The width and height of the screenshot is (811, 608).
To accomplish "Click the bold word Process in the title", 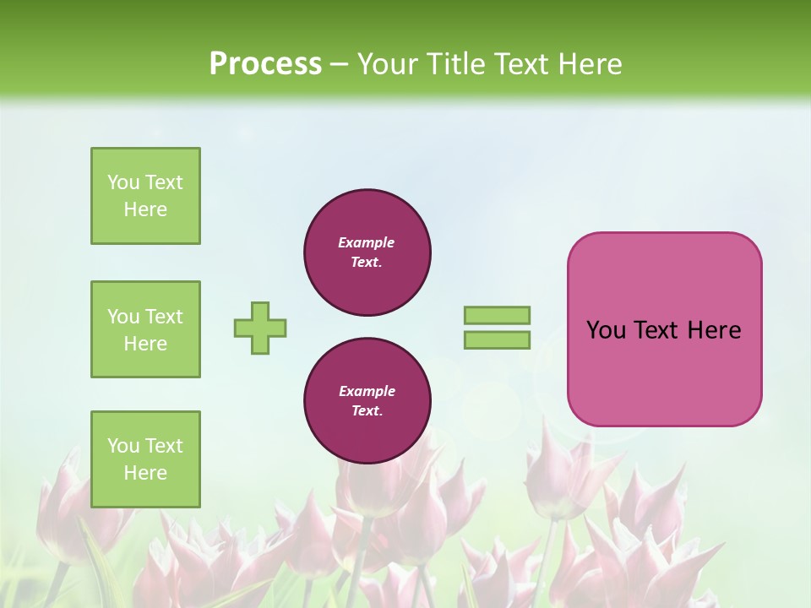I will [265, 64].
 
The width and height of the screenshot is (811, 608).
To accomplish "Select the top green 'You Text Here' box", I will [145, 196].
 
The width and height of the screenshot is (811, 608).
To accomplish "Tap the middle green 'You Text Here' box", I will [145, 329].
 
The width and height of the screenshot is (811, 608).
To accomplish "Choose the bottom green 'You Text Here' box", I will [145, 459].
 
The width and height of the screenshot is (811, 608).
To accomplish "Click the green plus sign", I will [260, 328].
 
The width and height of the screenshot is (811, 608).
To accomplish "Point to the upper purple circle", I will [367, 252].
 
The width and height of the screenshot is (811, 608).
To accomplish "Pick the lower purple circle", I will [367, 401].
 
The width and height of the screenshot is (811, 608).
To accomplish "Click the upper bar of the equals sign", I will [497, 315].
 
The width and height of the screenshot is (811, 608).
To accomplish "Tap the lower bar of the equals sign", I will [497, 340].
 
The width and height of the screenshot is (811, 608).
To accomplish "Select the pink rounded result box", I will [664, 329].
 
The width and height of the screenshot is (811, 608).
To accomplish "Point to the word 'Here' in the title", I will [591, 64].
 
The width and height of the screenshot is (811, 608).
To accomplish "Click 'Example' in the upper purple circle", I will [367, 242].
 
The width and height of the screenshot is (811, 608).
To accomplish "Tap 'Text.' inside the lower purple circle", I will [367, 411].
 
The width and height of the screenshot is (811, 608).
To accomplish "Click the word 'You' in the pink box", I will [606, 330].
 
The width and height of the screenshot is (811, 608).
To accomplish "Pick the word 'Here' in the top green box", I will [145, 209].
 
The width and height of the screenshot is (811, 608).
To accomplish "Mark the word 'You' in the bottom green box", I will [123, 446].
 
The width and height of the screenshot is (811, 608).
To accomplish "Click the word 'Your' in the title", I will [388, 64].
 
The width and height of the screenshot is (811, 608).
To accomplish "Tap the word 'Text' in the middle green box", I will [164, 317].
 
